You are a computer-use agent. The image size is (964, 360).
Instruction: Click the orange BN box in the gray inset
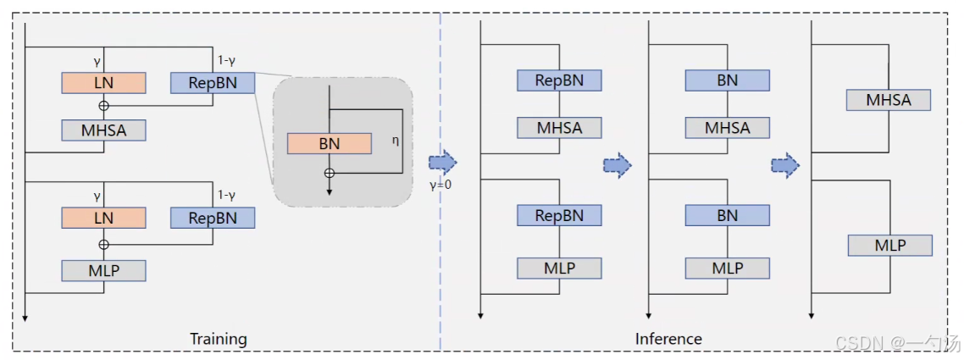pyautogui.click(x=329, y=143)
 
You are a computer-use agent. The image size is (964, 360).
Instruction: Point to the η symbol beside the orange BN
pyautogui.click(x=395, y=141)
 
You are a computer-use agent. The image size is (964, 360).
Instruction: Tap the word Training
pyautogui.click(x=219, y=339)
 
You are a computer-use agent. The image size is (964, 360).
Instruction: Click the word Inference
pyautogui.click(x=668, y=339)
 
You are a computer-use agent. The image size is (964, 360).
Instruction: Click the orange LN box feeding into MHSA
pyautogui.click(x=103, y=82)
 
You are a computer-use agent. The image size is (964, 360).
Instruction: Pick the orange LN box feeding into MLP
pyautogui.click(x=103, y=218)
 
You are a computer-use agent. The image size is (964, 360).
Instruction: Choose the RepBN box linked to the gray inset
pyautogui.click(x=213, y=82)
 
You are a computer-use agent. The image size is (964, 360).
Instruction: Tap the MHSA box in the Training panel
pyautogui.click(x=103, y=130)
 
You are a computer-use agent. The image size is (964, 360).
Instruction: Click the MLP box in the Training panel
pyautogui.click(x=103, y=270)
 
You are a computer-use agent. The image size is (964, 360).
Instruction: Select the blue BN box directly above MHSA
pyautogui.click(x=727, y=80)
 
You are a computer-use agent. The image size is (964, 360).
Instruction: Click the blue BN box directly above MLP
pyautogui.click(x=727, y=215)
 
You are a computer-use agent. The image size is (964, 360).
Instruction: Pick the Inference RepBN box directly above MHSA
pyautogui.click(x=559, y=80)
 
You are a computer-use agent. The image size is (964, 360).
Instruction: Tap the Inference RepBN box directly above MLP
pyautogui.click(x=559, y=215)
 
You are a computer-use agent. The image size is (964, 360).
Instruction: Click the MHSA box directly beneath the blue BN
pyautogui.click(x=727, y=128)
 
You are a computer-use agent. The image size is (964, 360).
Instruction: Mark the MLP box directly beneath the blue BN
pyautogui.click(x=727, y=268)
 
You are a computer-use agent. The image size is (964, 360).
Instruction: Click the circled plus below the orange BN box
pyautogui.click(x=330, y=173)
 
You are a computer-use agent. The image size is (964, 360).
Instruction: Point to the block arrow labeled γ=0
pyautogui.click(x=442, y=162)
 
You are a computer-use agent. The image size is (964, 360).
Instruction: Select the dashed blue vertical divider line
pyautogui.click(x=440, y=254)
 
